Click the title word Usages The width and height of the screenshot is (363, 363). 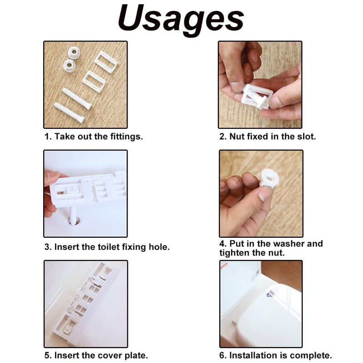[181, 19]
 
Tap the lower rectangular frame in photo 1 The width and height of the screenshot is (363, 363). [94, 82]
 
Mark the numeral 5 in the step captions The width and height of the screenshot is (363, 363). [46, 356]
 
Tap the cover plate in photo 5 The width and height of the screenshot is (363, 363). [86, 302]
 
